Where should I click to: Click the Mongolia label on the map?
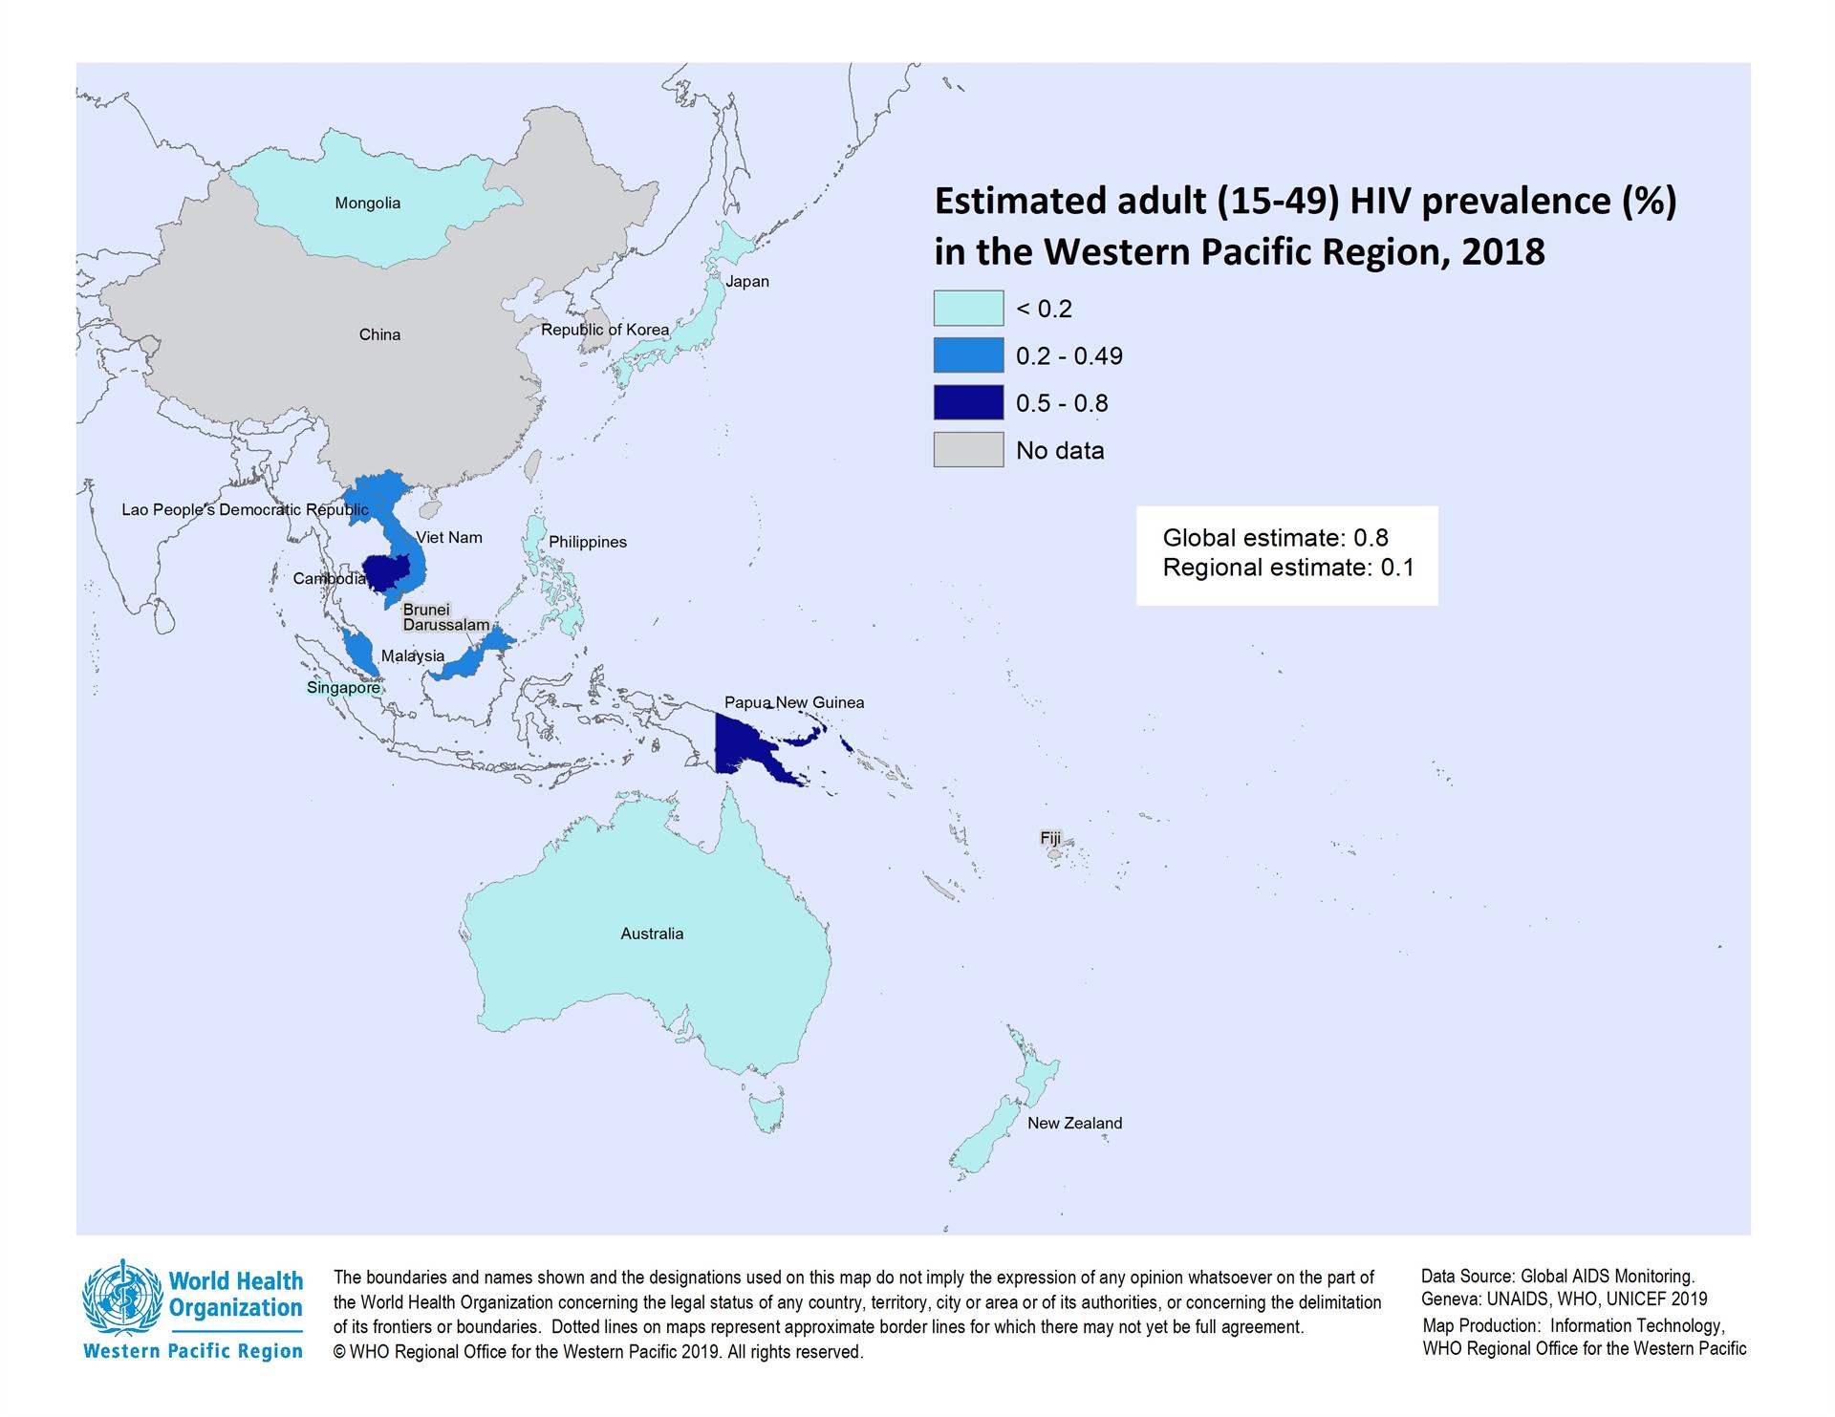tap(367, 204)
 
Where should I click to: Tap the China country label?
tap(379, 334)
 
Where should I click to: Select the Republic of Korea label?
tap(605, 330)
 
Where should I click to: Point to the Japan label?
tap(746, 282)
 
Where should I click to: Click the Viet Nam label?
tap(449, 538)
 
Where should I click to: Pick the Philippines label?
tap(587, 542)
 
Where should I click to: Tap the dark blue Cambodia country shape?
tap(387, 572)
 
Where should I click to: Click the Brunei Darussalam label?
tap(444, 617)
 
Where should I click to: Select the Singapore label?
tap(343, 688)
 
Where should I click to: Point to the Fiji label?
tap(1050, 838)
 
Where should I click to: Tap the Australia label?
tap(652, 934)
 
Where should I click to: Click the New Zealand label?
tap(1074, 1123)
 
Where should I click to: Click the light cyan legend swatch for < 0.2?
tap(968, 309)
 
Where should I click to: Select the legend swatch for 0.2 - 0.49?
tap(968, 355)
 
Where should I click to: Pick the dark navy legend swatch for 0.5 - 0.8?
tap(968, 402)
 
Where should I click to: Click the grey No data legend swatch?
tap(968, 449)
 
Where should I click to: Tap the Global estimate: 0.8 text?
tap(1275, 538)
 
